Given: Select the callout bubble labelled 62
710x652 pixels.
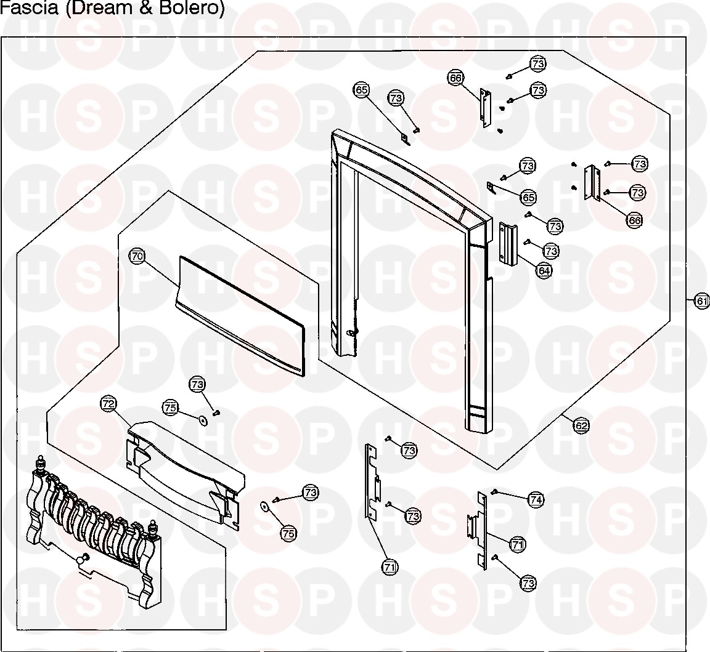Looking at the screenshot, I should (x=581, y=425).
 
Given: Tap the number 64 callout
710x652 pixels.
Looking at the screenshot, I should (x=544, y=269).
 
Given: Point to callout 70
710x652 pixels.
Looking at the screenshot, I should (x=137, y=255).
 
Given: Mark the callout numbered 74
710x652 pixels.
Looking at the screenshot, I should (x=536, y=500).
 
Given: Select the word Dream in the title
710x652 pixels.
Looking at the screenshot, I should (x=100, y=9).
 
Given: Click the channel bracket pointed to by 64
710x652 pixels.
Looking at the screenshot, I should (x=507, y=244).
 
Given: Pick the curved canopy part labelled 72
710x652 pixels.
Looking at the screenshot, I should (x=185, y=468).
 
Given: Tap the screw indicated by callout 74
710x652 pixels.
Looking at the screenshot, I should (x=494, y=491).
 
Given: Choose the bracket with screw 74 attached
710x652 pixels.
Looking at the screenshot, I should (x=480, y=529).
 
